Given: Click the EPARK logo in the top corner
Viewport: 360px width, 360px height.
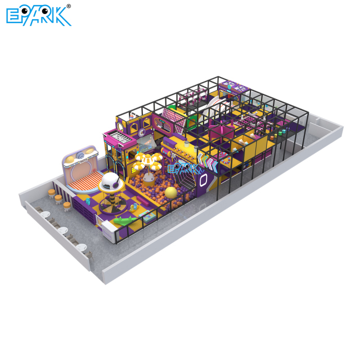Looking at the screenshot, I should (x=38, y=15).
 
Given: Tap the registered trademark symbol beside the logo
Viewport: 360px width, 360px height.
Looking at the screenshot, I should (x=69, y=6).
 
